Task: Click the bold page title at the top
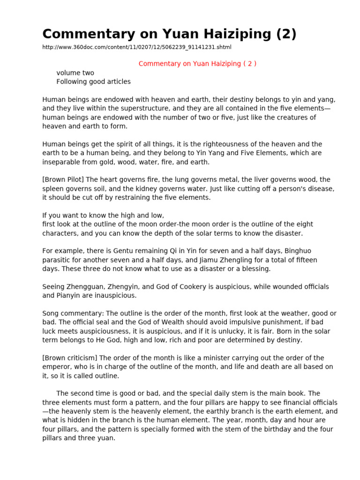[169, 34]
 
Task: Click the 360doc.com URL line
[137, 47]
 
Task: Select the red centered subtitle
[197, 64]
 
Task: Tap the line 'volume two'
[75, 73]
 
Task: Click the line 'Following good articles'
[93, 82]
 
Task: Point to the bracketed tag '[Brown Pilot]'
[63, 180]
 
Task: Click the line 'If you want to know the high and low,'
[103, 215]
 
